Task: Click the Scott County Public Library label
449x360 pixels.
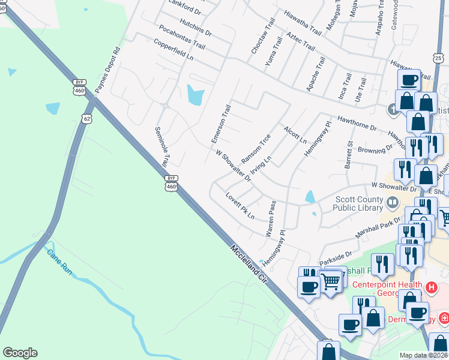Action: pyautogui.click(x=357, y=203)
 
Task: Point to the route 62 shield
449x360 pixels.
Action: pyautogui.click(x=88, y=118)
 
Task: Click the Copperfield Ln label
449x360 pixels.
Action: pyautogui.click(x=173, y=50)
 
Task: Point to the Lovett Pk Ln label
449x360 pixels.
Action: pyautogui.click(x=240, y=205)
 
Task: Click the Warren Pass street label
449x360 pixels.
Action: pyautogui.click(x=270, y=218)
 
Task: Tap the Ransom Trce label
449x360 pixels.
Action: pyautogui.click(x=256, y=148)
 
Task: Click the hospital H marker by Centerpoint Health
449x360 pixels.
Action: pyautogui.click(x=430, y=289)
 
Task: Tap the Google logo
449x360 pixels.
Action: pyautogui.click(x=20, y=353)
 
